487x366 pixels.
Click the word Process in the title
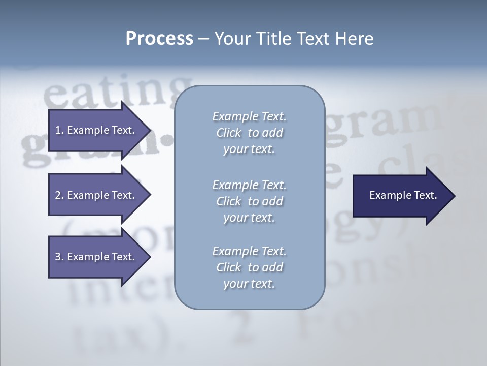pos(159,38)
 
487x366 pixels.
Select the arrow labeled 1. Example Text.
pos(94,130)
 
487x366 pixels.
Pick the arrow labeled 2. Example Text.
pos(94,195)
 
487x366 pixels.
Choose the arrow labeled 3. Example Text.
pos(94,257)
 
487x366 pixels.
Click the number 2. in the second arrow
pos(59,195)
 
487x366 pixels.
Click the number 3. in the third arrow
pos(59,257)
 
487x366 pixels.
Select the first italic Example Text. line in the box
pos(249,116)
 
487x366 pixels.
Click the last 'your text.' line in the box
pos(249,284)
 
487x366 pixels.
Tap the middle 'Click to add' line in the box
pos(249,201)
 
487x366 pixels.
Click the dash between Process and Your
pos(203,39)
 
